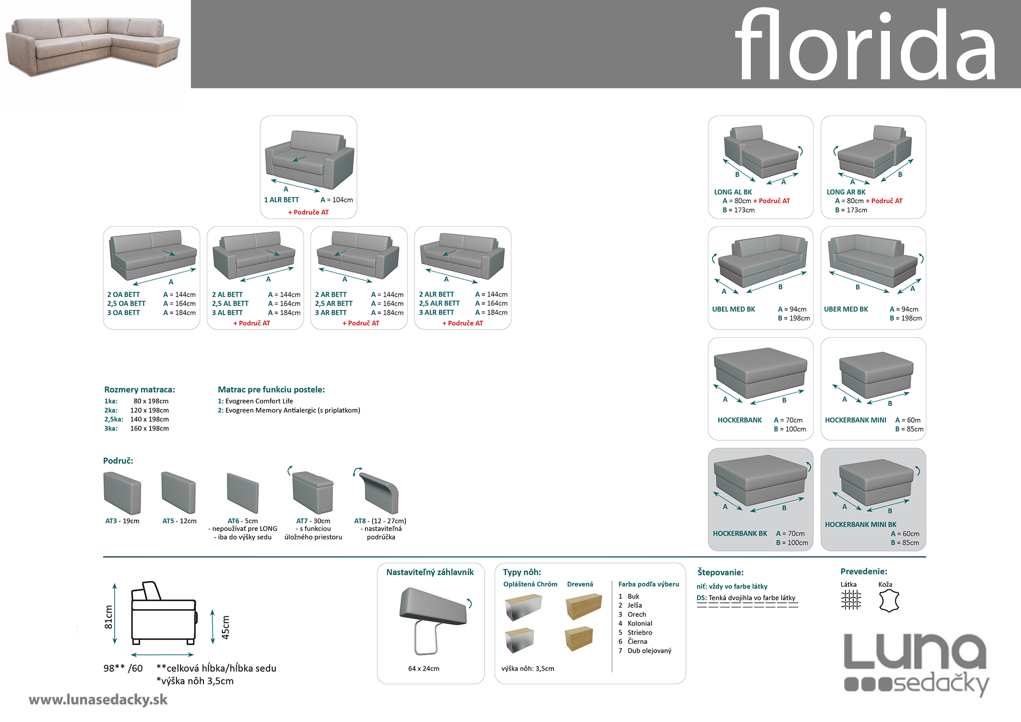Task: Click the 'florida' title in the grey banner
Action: (x=865, y=46)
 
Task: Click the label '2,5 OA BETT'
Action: (x=126, y=304)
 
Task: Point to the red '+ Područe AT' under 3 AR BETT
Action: (x=360, y=323)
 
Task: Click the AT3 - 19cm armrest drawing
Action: (x=122, y=493)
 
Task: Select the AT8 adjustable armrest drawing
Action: (x=380, y=493)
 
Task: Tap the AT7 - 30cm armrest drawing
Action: (x=313, y=493)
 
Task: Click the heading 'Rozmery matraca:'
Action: (x=140, y=389)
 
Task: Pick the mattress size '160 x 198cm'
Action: (x=150, y=428)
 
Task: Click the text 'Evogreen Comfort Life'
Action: (x=259, y=401)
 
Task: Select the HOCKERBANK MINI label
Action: (x=855, y=420)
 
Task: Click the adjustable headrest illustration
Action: (x=432, y=618)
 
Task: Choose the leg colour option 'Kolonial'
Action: (x=640, y=623)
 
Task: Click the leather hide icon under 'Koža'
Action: (x=888, y=601)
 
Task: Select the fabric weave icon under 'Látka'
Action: (x=851, y=600)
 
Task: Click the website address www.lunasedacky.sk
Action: (x=98, y=700)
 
